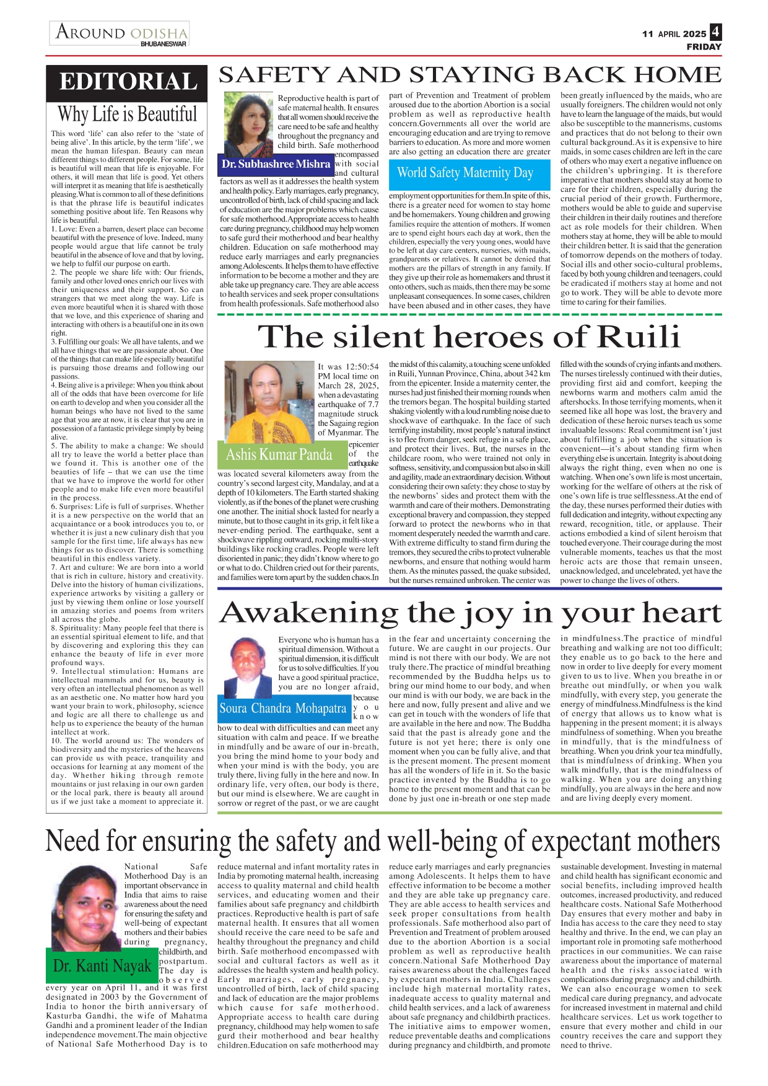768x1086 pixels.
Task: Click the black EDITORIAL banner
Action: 127,82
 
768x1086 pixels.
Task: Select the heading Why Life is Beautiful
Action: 127,114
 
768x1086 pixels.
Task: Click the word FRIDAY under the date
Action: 704,47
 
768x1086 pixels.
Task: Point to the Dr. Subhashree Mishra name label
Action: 276,164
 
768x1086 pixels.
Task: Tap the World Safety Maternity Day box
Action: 465,173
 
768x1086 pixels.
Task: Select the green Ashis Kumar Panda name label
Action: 279,455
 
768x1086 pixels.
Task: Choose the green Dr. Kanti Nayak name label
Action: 102,966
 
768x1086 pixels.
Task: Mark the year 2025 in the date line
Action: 695,34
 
